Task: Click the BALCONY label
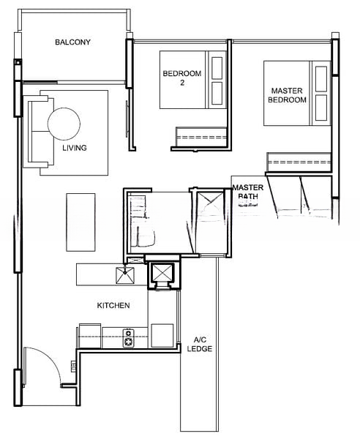[x=72, y=42]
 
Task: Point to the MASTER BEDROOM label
[x=287, y=95]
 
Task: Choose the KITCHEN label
[x=113, y=305]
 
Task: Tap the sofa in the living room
[x=35, y=132]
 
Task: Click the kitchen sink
[x=124, y=275]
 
